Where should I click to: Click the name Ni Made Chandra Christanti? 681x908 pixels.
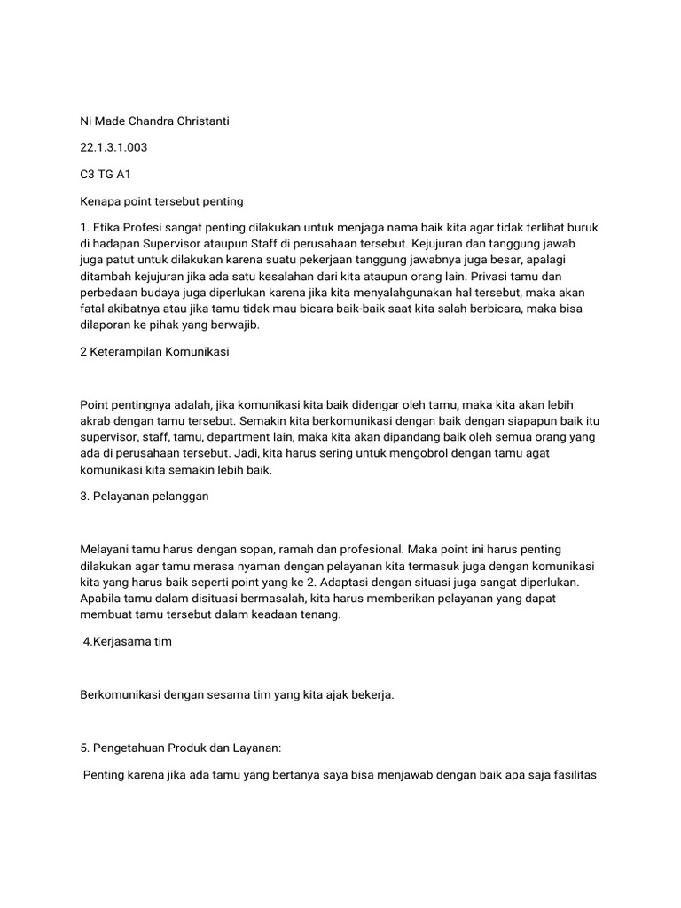click(154, 121)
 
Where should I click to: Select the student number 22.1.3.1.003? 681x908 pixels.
click(113, 147)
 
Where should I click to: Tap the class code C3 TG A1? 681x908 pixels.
click(106, 175)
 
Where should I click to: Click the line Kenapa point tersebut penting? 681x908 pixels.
click(161, 201)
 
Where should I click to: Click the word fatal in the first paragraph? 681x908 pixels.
click(93, 309)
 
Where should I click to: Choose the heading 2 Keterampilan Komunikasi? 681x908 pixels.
click(154, 352)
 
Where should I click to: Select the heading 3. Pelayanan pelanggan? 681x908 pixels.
click(144, 496)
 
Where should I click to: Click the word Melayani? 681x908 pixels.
click(105, 551)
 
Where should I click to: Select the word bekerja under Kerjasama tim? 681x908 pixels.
click(372, 695)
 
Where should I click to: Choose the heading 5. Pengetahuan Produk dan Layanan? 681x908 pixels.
click(180, 749)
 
